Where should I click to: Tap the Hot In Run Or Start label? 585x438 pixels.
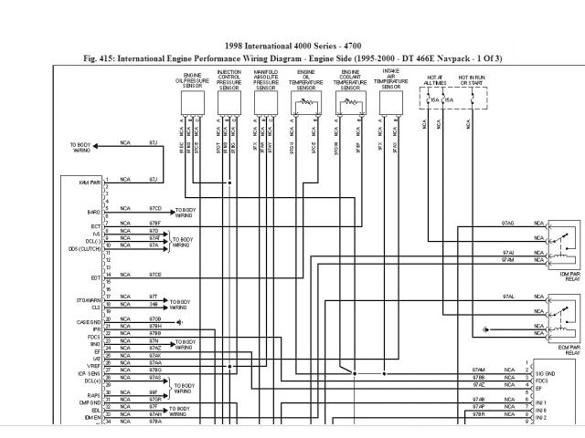[x=473, y=79]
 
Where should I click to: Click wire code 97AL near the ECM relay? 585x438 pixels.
[x=507, y=297]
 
